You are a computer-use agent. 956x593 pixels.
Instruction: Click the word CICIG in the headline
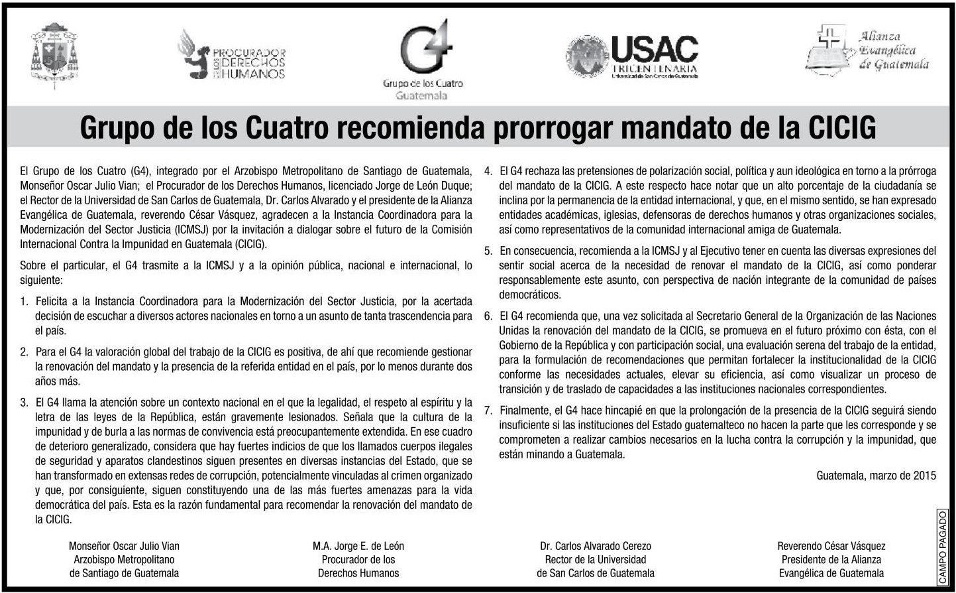pos(841,127)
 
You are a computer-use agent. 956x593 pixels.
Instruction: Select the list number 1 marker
pos(24,301)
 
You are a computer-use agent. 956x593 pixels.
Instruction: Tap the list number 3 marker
pos(24,402)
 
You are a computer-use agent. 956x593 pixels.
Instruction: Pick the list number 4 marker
pos(488,171)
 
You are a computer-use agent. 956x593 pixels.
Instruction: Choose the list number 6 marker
pos(488,316)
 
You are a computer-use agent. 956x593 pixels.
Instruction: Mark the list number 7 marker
pos(488,410)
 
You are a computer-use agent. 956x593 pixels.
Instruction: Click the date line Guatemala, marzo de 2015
pos(876,475)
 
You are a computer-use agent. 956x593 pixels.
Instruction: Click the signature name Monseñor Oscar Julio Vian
pos(124,546)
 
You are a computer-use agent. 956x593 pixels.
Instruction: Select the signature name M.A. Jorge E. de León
pos(358,546)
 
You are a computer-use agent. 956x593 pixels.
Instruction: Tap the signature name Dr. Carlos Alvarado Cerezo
pos(596,546)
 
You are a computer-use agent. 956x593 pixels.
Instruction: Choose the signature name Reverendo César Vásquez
pos(831,546)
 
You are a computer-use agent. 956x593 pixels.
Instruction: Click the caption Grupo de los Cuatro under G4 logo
pos(422,84)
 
